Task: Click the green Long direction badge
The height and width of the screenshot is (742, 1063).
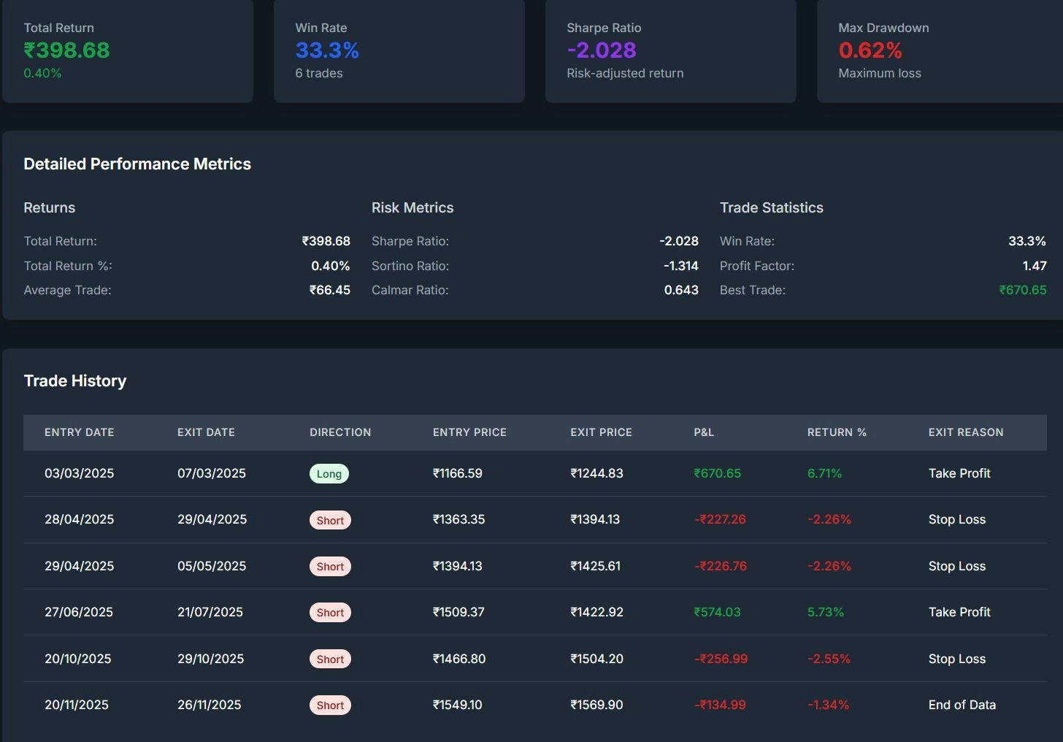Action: tap(329, 474)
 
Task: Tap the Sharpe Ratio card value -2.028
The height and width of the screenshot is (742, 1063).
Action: tap(602, 50)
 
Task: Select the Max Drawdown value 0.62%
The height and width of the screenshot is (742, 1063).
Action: tap(870, 50)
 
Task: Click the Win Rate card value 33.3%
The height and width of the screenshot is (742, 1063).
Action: tap(327, 50)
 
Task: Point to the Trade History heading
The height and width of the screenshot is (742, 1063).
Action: tap(75, 380)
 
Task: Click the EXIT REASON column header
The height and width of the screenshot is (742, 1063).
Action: tap(966, 432)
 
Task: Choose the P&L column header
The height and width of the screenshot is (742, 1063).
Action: tap(704, 432)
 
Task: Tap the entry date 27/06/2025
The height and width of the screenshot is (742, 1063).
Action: tap(79, 612)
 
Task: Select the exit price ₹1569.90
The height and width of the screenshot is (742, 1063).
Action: tap(596, 705)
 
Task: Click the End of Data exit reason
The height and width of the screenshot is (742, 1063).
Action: tap(962, 705)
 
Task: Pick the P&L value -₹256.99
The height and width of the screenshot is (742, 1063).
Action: tap(721, 659)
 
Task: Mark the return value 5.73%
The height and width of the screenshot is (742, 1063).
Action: tap(826, 612)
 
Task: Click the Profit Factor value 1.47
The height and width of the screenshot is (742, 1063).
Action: tap(1035, 266)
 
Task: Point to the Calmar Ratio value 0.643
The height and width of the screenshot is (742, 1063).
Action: tap(681, 290)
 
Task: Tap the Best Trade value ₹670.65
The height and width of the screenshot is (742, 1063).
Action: tap(1023, 290)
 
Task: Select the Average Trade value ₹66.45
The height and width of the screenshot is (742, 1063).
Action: tap(330, 290)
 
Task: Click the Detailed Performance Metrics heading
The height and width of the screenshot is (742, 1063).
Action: tap(137, 164)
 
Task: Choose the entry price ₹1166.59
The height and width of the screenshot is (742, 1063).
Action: tap(458, 473)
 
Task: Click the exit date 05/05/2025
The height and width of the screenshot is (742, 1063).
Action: tap(212, 566)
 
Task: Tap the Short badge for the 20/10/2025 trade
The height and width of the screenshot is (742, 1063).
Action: tap(330, 659)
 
